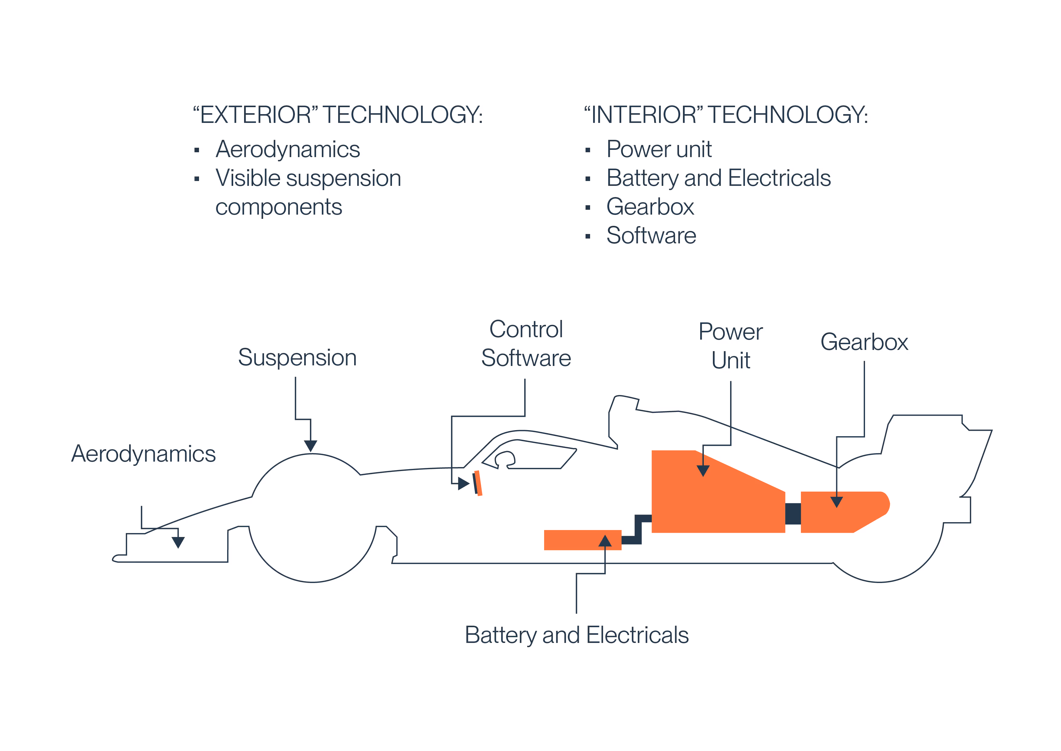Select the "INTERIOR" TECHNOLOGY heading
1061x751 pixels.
[726, 115]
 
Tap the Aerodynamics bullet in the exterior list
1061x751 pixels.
[287, 149]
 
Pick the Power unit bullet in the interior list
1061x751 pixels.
[659, 149]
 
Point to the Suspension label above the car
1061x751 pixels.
[297, 357]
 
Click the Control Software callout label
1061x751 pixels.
[526, 344]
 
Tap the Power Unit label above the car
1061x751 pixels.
[731, 346]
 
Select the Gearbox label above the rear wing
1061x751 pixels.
[864, 342]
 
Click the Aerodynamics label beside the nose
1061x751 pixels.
[143, 454]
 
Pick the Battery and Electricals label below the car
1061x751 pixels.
[577, 635]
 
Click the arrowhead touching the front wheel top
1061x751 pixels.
[311, 446]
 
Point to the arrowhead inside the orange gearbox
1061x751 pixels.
[836, 502]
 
